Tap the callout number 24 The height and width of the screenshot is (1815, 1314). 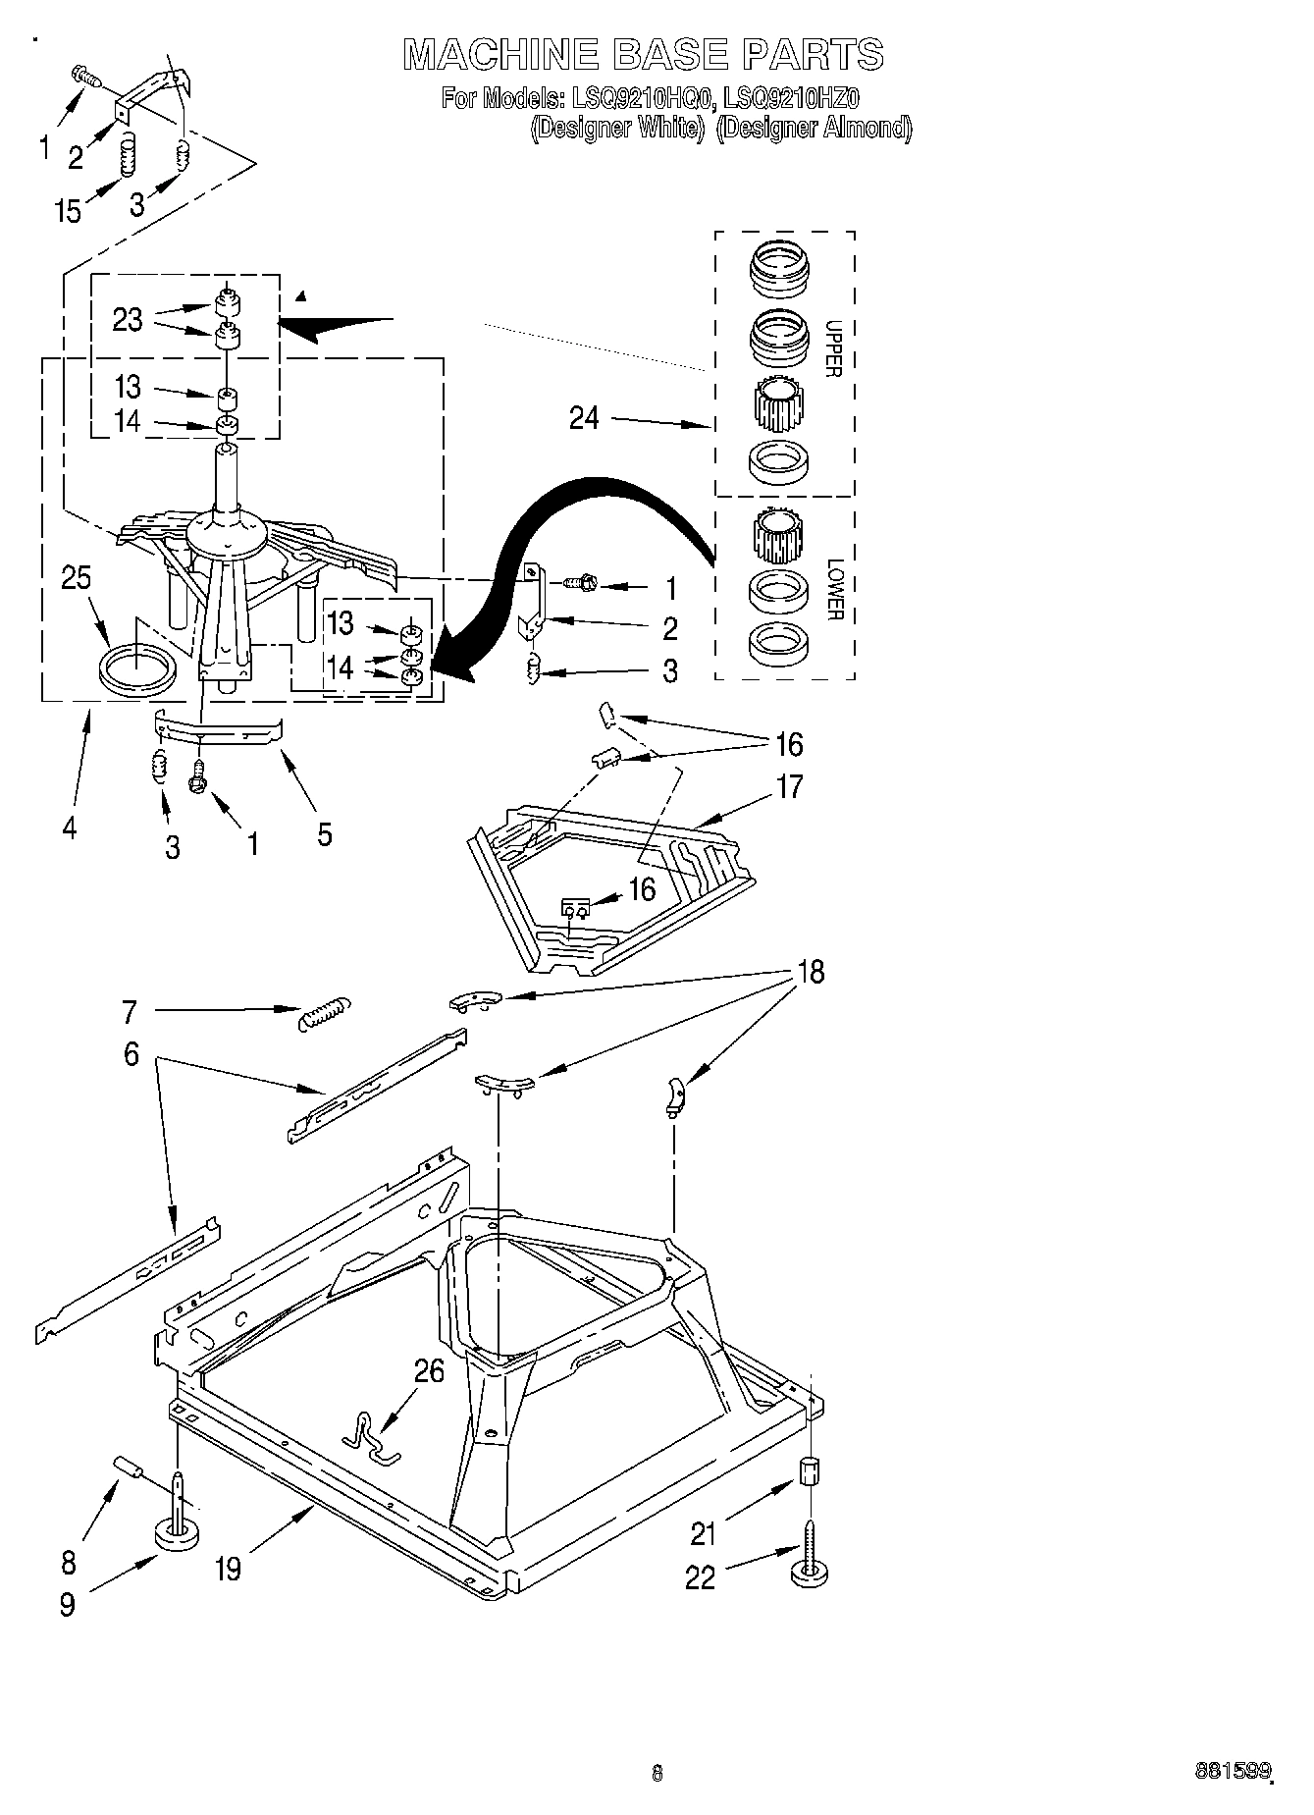[584, 418]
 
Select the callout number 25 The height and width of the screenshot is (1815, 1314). [76, 578]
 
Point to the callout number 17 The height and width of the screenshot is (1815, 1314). [788, 786]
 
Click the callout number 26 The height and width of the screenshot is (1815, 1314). [429, 1371]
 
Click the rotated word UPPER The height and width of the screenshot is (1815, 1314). [833, 348]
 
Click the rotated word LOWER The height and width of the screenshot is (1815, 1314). [834, 589]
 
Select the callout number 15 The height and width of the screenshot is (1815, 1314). [68, 211]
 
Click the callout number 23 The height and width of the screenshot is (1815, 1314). [128, 320]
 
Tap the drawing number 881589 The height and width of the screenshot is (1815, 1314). [1232, 1771]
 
